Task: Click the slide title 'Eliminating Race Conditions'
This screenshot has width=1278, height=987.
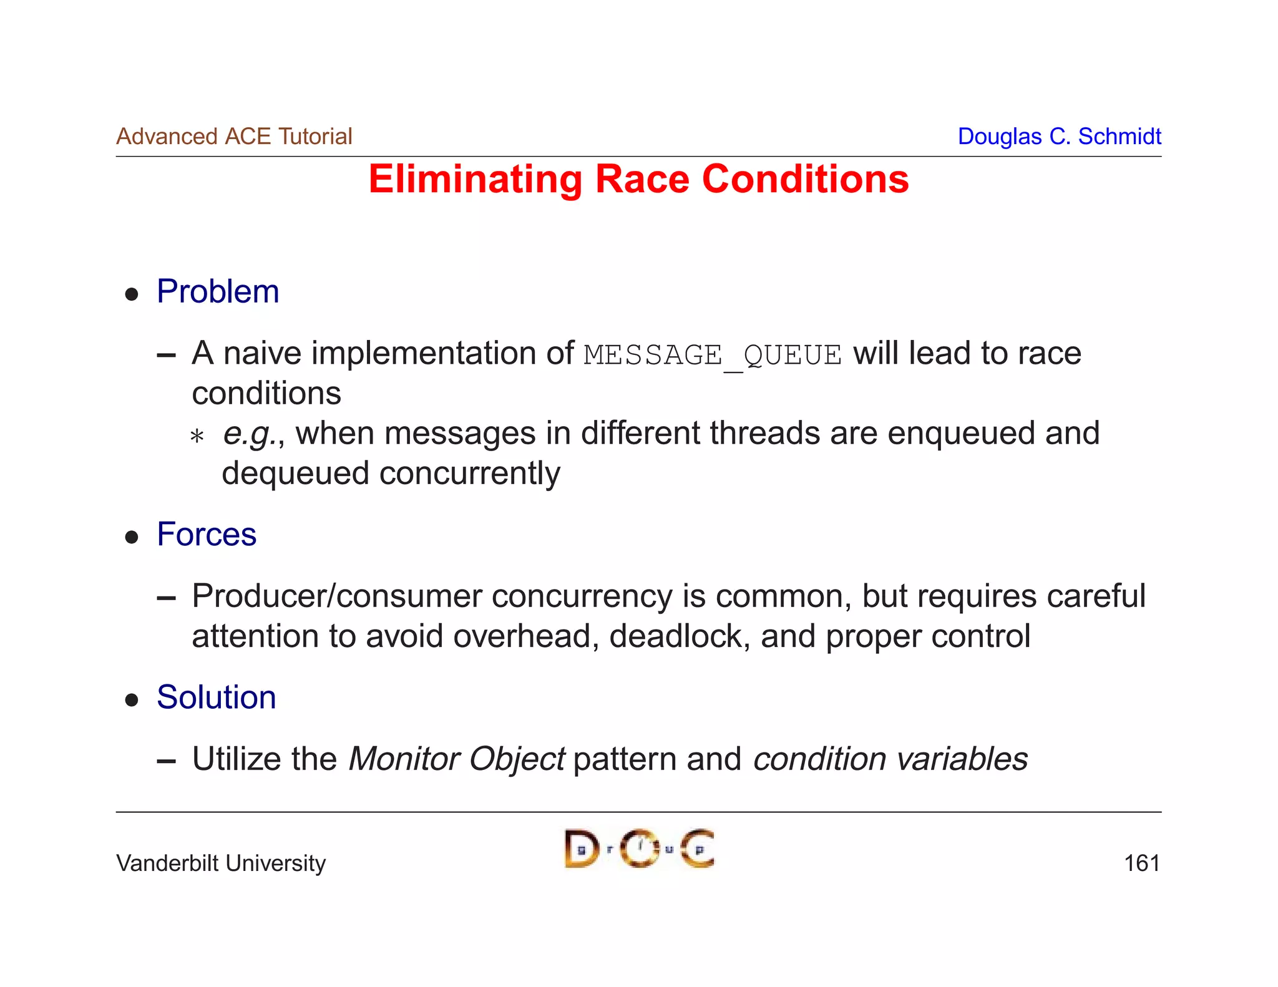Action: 638,180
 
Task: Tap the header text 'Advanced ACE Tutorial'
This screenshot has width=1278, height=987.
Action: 234,136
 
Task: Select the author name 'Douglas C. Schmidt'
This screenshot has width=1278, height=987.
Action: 1059,136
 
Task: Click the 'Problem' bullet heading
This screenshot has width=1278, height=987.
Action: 218,291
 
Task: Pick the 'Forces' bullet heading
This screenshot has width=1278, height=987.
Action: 207,534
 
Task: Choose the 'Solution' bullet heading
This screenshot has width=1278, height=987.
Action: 216,697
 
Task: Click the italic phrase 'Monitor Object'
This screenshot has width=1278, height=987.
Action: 457,759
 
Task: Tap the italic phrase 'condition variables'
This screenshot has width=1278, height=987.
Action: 890,759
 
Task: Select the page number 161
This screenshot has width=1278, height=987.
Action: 1141,863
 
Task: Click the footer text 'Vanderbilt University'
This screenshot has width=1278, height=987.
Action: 221,863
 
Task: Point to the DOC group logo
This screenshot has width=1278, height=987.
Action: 639,848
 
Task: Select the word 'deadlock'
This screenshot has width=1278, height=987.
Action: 679,636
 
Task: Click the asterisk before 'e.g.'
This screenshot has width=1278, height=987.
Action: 197,436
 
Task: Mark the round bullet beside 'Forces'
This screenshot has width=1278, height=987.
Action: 132,537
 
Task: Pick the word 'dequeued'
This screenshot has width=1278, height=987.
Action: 296,474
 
